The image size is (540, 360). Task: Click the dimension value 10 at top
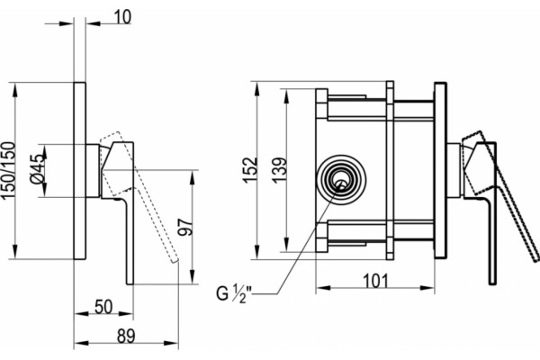pyautogui.click(x=122, y=17)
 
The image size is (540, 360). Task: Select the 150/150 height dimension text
pyautogui.click(x=9, y=170)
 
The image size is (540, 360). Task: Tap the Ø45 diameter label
pyautogui.click(x=38, y=169)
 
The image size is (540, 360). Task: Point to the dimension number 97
pyautogui.click(x=185, y=226)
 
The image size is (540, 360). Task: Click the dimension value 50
pyautogui.click(x=103, y=307)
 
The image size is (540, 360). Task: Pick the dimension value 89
pyautogui.click(x=126, y=337)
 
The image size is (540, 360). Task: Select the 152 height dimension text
pyautogui.click(x=250, y=170)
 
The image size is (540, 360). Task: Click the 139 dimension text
pyautogui.click(x=279, y=170)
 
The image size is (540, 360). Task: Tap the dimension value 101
pyautogui.click(x=375, y=281)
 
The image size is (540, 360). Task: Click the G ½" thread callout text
pyautogui.click(x=234, y=293)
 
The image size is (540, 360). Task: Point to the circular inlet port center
pyautogui.click(x=341, y=179)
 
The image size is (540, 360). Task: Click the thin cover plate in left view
pyautogui.click(x=79, y=170)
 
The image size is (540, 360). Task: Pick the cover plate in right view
pyautogui.click(x=440, y=170)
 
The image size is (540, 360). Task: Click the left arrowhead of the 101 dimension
pyautogui.click(x=323, y=288)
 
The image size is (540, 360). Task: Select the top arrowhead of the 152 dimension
pyautogui.click(x=256, y=89)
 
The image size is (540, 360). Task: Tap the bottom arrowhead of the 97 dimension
pyautogui.click(x=193, y=277)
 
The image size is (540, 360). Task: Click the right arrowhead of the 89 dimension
pyautogui.click(x=171, y=343)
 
